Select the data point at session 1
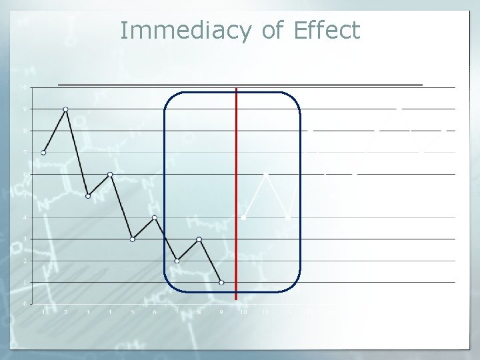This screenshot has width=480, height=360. tap(43, 153)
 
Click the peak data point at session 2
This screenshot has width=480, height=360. tap(65, 109)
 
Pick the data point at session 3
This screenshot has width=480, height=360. tap(88, 196)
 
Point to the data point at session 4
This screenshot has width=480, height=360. tap(110, 174)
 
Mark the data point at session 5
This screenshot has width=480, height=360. tap(132, 239)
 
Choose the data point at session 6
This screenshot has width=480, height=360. tap(155, 217)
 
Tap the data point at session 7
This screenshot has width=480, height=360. tap(177, 261)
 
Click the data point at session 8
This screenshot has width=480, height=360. tap(199, 239)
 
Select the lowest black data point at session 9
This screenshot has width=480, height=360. tap(221, 282)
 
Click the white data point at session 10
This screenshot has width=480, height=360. tap(243, 217)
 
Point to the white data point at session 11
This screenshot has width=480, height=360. tap(266, 174)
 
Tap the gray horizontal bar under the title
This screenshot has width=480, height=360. tap(240, 85)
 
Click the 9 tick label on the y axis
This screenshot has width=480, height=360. tap(25, 109)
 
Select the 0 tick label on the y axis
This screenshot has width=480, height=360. tap(25, 304)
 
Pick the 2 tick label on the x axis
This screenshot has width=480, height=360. tap(65, 311)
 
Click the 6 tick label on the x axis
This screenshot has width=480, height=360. tap(155, 311)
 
